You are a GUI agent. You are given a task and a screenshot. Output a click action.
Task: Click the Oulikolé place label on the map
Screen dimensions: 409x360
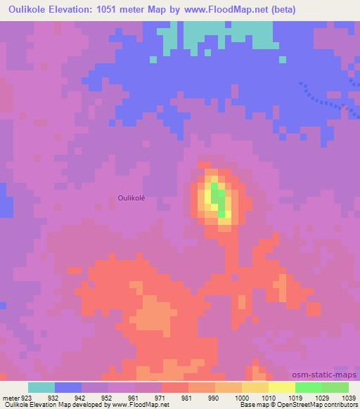pos(131,198)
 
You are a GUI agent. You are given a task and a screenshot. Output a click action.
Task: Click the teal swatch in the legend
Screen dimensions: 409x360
pos(41,387)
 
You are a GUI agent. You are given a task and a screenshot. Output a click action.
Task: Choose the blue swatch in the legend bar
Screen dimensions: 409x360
pos(68,387)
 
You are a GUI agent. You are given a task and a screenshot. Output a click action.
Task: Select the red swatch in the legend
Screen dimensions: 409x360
pos(175,387)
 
